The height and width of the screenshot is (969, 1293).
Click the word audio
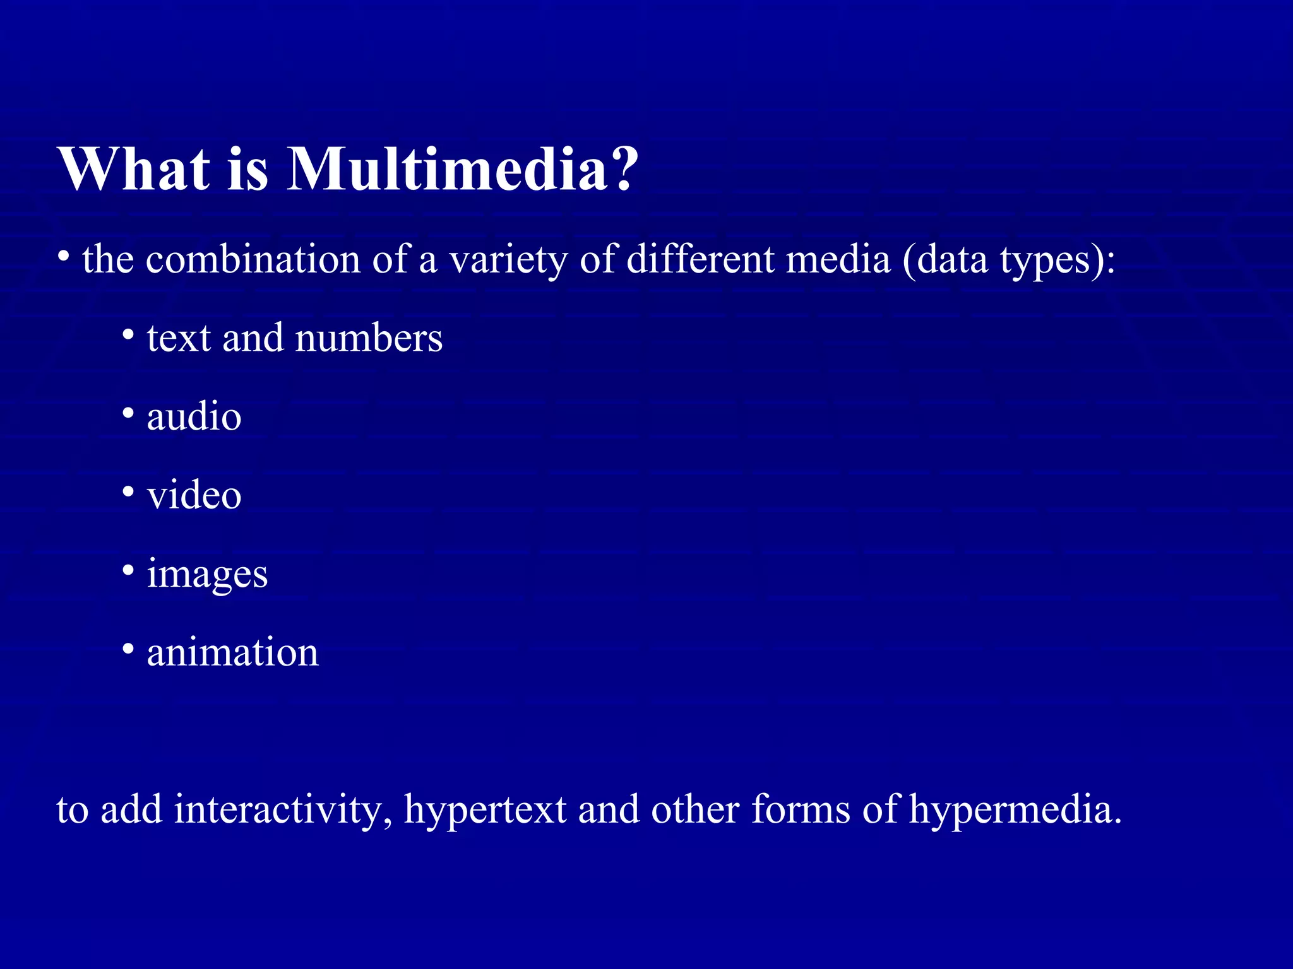pyautogui.click(x=194, y=416)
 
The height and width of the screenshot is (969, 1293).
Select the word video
pyautogui.click(x=194, y=495)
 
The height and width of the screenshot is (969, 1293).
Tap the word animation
pyautogui.click(x=232, y=652)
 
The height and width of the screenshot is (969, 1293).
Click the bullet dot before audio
pyautogui.click(x=128, y=413)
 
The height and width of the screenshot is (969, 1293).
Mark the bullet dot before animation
pyautogui.click(x=128, y=649)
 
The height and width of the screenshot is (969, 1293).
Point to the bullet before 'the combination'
pyautogui.click(x=63, y=256)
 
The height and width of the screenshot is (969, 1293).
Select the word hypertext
pyautogui.click(x=485, y=811)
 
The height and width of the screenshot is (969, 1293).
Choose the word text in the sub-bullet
pyautogui.click(x=179, y=338)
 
